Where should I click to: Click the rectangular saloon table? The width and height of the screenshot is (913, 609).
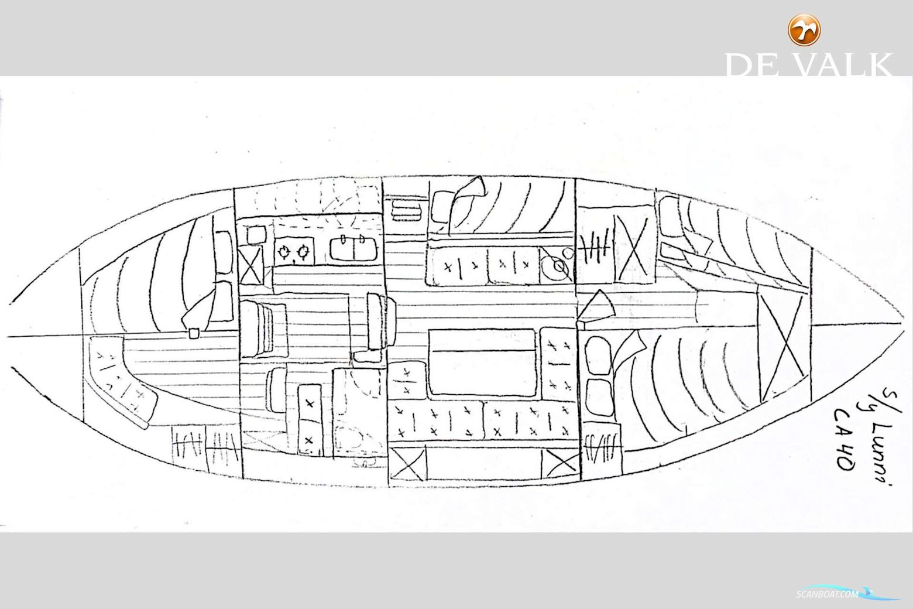pos(483,362)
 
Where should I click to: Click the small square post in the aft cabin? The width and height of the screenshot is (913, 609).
pos(193,334)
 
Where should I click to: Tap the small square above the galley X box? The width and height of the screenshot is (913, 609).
pos(256,235)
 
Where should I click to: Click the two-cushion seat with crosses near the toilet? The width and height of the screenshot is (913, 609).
pos(309,419)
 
